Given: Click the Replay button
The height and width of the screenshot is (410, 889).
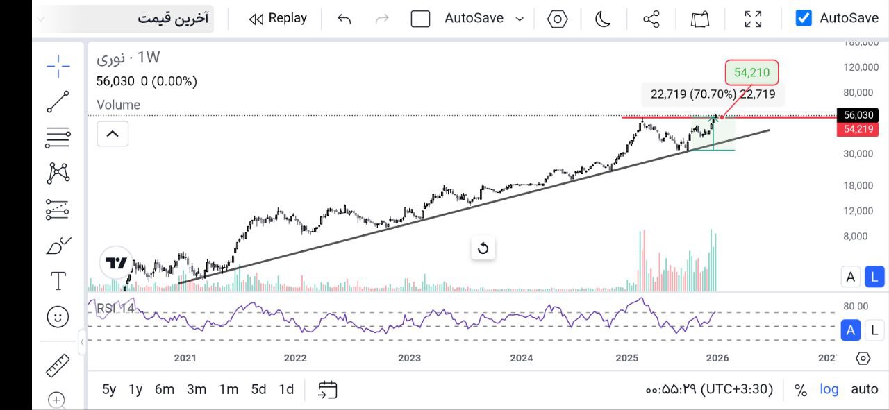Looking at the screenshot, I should click(x=278, y=19).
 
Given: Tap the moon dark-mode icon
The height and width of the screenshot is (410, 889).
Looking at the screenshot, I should click(x=603, y=19).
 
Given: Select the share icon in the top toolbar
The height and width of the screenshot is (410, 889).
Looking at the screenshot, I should click(x=651, y=19).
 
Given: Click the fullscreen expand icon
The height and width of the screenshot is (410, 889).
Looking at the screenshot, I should click(x=753, y=19).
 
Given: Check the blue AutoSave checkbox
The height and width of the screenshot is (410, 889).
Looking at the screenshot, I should click(x=804, y=18).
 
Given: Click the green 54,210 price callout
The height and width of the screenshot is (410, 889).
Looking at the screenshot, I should click(x=751, y=72).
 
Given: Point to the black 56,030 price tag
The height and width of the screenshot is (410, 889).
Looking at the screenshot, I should click(x=858, y=115).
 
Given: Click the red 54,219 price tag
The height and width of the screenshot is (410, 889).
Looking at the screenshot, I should click(x=858, y=129).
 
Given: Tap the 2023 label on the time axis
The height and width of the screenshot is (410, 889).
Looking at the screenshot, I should click(x=409, y=358).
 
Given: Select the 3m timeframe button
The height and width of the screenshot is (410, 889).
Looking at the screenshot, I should click(x=197, y=389).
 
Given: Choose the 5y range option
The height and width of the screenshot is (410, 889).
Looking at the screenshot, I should click(x=109, y=389).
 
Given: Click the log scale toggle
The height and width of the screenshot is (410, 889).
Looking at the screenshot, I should click(x=829, y=389).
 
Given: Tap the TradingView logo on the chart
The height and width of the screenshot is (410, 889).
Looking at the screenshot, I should click(x=117, y=263).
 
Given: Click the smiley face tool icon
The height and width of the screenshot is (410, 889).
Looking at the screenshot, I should click(x=58, y=317).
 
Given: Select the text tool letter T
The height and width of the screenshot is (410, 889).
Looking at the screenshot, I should click(x=58, y=281).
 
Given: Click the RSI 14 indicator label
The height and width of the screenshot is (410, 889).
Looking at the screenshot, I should click(x=115, y=308).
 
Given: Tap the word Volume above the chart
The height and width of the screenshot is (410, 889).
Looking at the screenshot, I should click(x=118, y=105).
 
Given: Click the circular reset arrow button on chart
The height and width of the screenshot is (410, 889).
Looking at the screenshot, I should click(x=483, y=248).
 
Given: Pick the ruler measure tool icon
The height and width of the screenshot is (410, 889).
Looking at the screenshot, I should click(x=58, y=365).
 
